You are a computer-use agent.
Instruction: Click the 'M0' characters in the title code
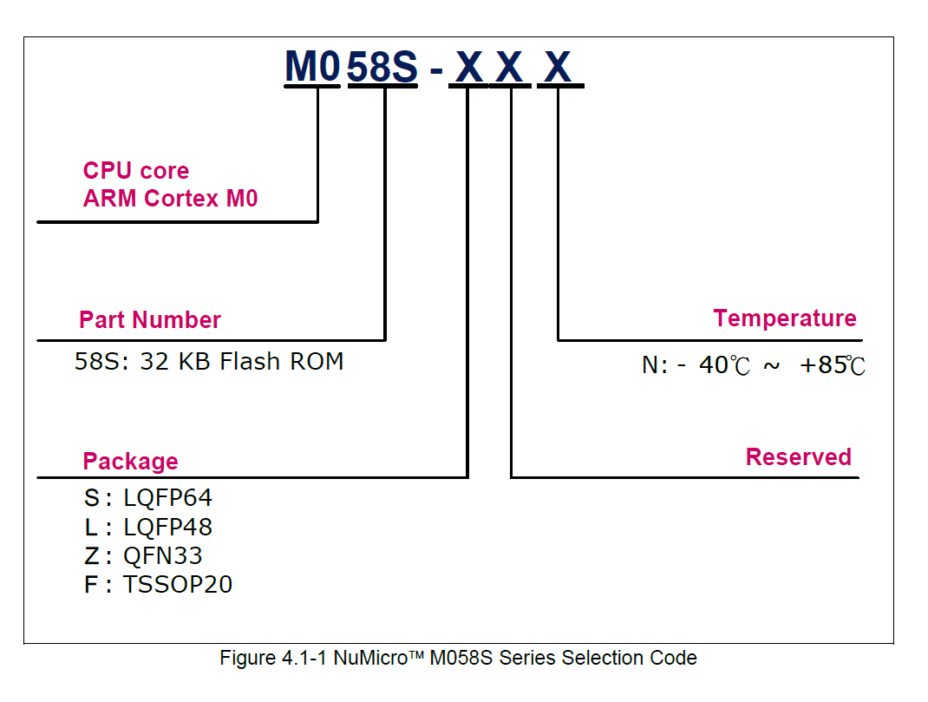tap(311, 67)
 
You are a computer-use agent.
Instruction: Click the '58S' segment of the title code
tap(382, 67)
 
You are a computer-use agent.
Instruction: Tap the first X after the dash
tap(469, 67)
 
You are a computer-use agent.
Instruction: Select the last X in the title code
tap(558, 67)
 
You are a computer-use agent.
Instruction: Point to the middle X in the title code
tap(510, 67)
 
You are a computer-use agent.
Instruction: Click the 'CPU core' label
tap(136, 171)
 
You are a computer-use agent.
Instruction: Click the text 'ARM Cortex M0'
tap(170, 199)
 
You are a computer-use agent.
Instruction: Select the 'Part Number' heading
tap(150, 320)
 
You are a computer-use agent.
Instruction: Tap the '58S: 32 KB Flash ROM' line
tap(209, 362)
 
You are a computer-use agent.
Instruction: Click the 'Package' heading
tap(130, 462)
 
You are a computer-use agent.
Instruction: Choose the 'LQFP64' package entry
tap(167, 498)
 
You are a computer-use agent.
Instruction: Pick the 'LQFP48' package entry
tap(167, 527)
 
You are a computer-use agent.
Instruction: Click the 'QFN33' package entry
tap(163, 555)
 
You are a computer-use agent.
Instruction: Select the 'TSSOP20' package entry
tap(178, 584)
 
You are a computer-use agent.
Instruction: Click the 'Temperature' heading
tap(785, 318)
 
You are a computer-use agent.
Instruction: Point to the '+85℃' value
tap(832, 365)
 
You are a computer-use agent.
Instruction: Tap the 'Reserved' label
tap(798, 457)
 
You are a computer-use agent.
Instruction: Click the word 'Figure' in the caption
tap(246, 658)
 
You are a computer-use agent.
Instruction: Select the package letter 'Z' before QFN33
tap(91, 555)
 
